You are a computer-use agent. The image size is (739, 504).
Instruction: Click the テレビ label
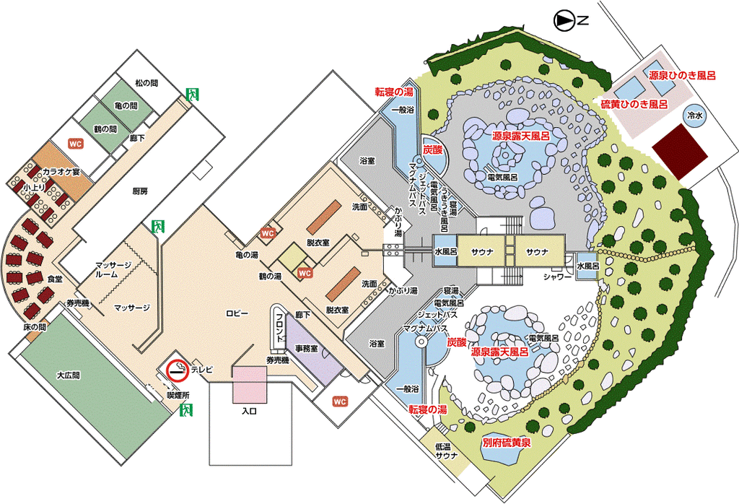click(203, 370)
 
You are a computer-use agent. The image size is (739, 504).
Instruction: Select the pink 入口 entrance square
click(249, 384)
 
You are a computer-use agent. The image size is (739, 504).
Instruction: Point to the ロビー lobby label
click(237, 313)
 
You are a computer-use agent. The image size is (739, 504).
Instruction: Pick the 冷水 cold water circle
click(696, 116)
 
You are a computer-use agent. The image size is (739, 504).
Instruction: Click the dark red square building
click(681, 150)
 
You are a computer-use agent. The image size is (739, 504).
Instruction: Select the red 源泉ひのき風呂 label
click(681, 75)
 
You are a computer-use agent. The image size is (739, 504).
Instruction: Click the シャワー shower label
click(557, 277)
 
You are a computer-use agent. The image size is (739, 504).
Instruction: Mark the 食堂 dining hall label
click(55, 278)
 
